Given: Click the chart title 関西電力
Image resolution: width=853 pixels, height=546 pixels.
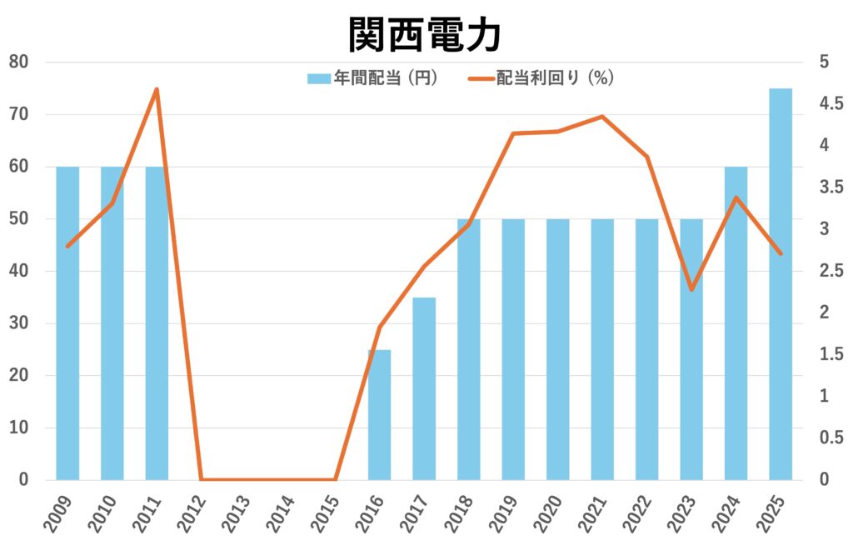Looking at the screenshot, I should click(x=425, y=34).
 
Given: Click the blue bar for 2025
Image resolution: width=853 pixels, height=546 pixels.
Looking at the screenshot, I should click(x=781, y=283).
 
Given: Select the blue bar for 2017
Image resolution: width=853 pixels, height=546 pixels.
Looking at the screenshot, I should click(x=424, y=388).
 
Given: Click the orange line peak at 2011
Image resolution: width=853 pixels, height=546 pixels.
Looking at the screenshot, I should click(x=157, y=89).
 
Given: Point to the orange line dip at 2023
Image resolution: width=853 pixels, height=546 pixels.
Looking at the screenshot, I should click(x=691, y=289).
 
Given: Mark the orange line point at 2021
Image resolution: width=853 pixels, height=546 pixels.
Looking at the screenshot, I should click(x=602, y=117).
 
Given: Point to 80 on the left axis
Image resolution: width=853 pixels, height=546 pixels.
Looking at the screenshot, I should click(x=18, y=62).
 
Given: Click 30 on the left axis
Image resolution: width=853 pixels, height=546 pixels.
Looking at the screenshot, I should click(x=18, y=323).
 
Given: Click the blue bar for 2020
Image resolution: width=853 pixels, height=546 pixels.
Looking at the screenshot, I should click(x=557, y=349).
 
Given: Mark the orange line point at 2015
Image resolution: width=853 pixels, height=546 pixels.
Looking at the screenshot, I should click(x=335, y=479).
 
